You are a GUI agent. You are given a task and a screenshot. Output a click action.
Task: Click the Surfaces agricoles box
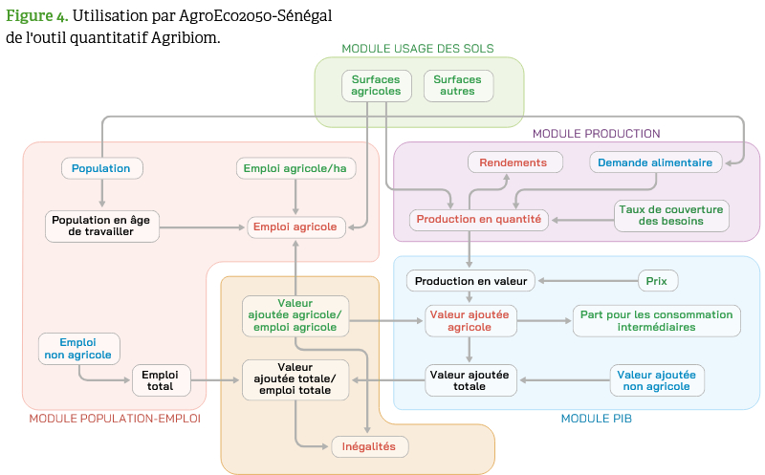coord(376,85)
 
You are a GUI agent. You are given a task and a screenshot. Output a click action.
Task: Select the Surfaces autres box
coord(458,85)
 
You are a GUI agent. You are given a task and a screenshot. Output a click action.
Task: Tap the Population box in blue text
coord(101,168)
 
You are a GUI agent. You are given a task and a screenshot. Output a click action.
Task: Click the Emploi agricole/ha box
coord(295,168)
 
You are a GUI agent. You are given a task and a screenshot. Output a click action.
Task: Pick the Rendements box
coord(513,162)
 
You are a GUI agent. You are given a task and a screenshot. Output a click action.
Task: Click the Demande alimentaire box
coord(655,162)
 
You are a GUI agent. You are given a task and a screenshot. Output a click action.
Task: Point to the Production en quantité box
coord(479,219)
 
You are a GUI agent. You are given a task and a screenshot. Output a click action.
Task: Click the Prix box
coord(657,281)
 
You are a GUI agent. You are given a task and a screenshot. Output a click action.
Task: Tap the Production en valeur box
coord(470,281)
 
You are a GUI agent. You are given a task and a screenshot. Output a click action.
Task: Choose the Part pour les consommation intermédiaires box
coord(656,320)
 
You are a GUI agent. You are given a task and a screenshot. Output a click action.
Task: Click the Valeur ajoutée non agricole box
coord(657,379)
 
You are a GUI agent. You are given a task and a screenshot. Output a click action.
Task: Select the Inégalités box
coord(370,446)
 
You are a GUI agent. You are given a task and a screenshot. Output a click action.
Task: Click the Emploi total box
coord(161,379)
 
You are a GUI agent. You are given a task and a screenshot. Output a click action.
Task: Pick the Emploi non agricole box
coord(78,348)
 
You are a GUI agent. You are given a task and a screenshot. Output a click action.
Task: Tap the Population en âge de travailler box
coord(101,226)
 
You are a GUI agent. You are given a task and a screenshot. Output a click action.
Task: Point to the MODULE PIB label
coord(596,419)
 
